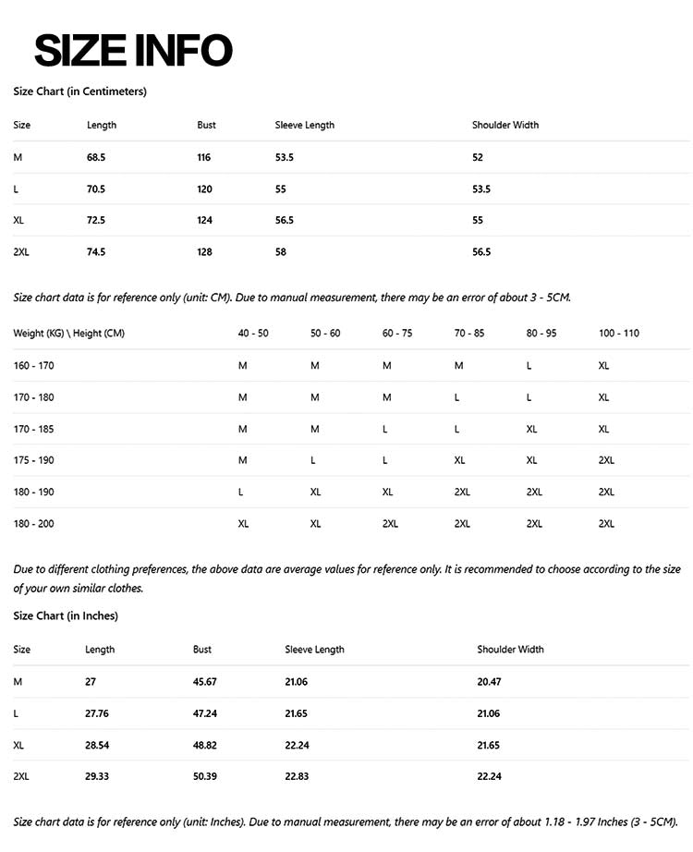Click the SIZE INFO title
(133, 50)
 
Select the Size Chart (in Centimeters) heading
(79, 91)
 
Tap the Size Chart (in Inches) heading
(66, 615)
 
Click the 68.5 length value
(96, 158)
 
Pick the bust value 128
(204, 252)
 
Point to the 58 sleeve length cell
(281, 252)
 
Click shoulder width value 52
(478, 158)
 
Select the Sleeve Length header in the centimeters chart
(305, 125)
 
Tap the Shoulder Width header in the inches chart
(510, 650)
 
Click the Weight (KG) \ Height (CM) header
(68, 334)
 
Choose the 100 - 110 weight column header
(618, 334)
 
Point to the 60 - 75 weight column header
(397, 334)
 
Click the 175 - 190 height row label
(34, 460)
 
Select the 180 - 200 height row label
(34, 524)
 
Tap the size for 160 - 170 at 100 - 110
(604, 366)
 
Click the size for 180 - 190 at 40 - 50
(241, 493)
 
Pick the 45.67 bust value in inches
(205, 682)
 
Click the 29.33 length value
(97, 777)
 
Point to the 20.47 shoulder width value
(490, 682)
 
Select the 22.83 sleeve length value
(298, 777)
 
